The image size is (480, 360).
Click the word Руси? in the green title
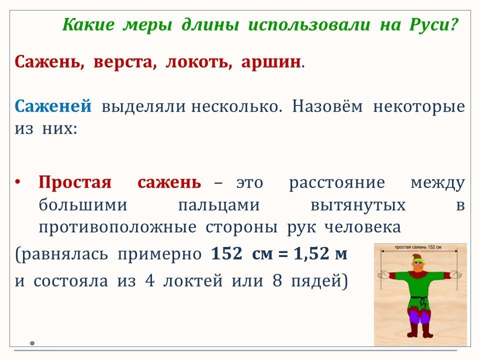[434, 25]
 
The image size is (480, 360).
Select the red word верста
[125, 62]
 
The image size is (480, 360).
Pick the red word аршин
[271, 62]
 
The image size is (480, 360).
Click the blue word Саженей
[53, 106]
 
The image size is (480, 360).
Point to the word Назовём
[327, 106]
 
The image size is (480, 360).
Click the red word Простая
[75, 182]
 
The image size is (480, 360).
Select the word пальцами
[219, 205]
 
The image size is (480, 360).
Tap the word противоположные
[117, 227]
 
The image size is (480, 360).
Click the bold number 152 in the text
[227, 253]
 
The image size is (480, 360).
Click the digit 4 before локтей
[149, 280]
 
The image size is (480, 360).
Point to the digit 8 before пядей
[277, 280]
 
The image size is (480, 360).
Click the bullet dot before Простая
[18, 182]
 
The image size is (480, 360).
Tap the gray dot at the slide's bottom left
[32, 343]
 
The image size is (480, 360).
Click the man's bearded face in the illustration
[418, 265]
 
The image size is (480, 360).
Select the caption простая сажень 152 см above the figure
[418, 247]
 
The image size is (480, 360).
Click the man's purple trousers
[419, 316]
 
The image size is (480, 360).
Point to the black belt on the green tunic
[418, 297]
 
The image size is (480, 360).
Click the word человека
[362, 227]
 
